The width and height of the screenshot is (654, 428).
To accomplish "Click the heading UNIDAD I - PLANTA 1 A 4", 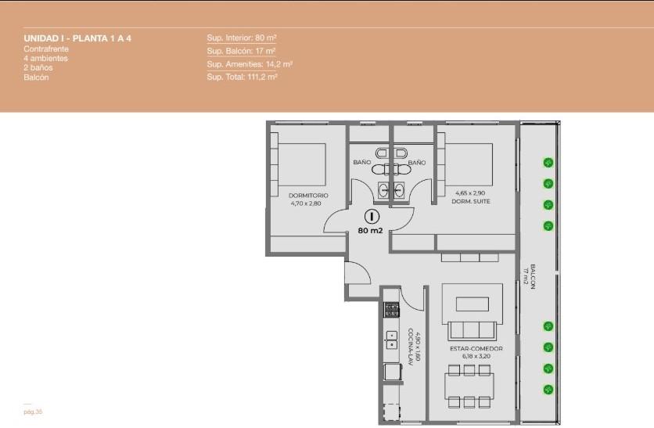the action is point(77,38).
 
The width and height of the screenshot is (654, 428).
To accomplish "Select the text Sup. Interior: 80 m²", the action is point(242,38).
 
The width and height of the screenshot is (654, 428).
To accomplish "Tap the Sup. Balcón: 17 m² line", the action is point(241,51).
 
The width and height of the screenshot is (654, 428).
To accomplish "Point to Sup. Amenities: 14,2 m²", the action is point(250,64).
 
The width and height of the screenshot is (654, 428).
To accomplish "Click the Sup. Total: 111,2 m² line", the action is point(242,77).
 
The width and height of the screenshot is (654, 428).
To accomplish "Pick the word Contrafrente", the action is point(46,49).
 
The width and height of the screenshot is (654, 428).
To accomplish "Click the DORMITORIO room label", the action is point(308,196).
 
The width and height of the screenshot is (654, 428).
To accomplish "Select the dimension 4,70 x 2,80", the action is point(306,203).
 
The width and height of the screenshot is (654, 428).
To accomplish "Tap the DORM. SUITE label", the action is point(471,201).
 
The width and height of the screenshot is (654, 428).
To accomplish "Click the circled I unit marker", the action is point(372,217).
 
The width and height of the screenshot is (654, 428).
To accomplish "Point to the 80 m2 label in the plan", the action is point(370,230).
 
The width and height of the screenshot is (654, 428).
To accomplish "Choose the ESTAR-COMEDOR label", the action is point(476,348).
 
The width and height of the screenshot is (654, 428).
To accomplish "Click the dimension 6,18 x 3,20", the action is point(476,356).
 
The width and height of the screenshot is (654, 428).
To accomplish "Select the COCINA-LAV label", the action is point(411,347).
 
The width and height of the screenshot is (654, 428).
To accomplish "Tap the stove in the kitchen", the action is point(391,310).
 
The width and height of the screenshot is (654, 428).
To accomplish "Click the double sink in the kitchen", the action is point(391,340).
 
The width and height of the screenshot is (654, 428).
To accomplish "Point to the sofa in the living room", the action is point(472,330).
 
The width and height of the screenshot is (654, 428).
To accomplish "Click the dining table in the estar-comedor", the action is point(469,386).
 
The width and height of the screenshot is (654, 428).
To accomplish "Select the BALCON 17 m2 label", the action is point(530,276).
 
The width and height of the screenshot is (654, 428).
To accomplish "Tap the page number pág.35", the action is point(33,412).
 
